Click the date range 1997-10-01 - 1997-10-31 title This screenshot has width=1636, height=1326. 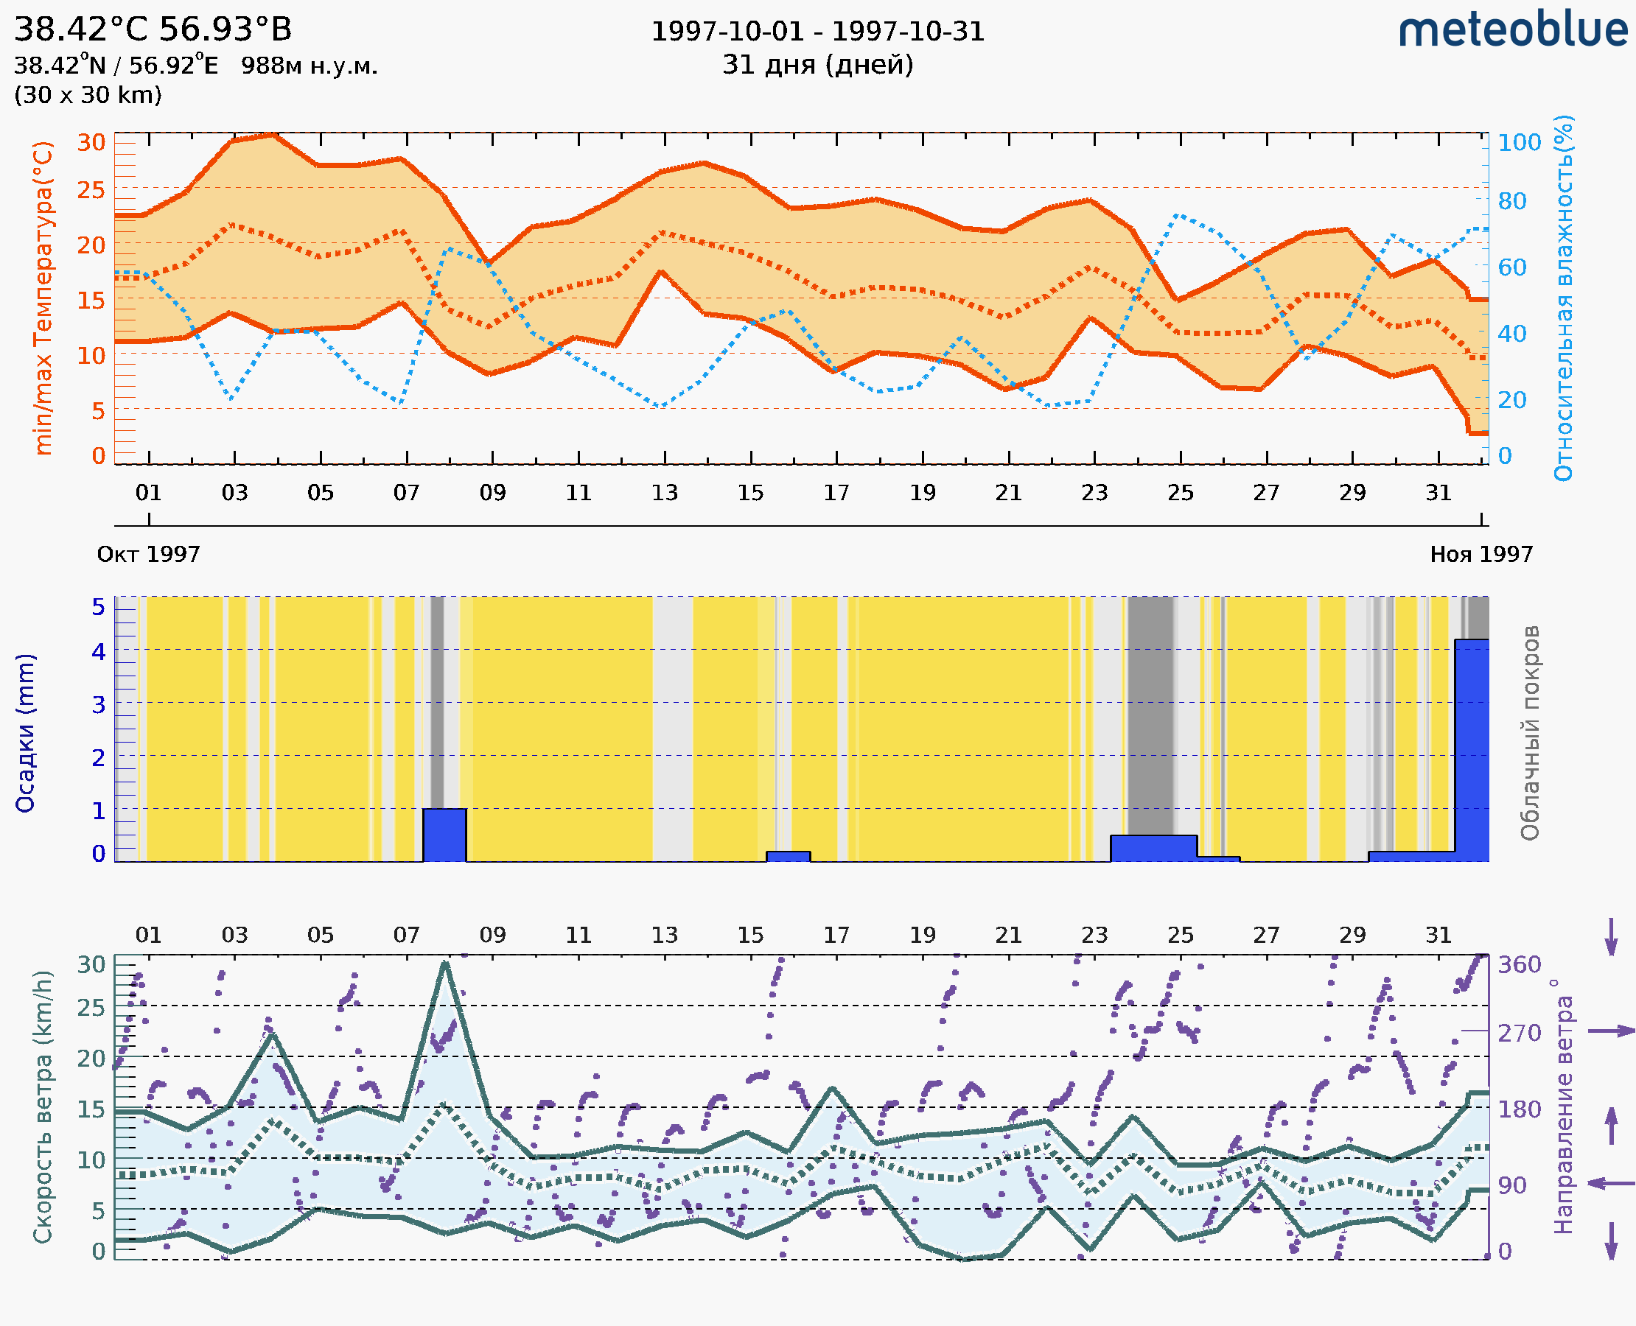click(x=817, y=32)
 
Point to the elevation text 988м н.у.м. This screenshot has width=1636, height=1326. click(x=309, y=66)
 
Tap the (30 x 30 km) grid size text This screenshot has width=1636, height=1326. click(x=88, y=96)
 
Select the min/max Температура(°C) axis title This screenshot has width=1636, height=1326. click(x=43, y=298)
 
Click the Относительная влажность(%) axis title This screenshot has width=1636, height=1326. click(x=1563, y=298)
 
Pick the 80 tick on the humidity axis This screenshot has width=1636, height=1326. click(x=1511, y=202)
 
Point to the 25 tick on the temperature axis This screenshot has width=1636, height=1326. click(x=91, y=190)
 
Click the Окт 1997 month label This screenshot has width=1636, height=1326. click(x=148, y=554)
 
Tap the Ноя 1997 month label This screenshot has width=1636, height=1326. click(x=1481, y=554)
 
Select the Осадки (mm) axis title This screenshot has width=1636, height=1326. click(x=25, y=733)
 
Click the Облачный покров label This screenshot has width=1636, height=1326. click(x=1530, y=733)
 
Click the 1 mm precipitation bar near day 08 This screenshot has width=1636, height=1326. click(x=444, y=835)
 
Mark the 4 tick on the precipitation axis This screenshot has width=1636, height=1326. click(x=99, y=651)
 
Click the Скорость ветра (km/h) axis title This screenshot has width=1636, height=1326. click(x=43, y=1106)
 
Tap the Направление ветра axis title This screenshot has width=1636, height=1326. click(x=1563, y=1106)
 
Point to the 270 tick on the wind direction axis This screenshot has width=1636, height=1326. click(x=1519, y=1034)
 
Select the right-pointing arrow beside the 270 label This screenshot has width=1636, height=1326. click(x=1611, y=1031)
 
